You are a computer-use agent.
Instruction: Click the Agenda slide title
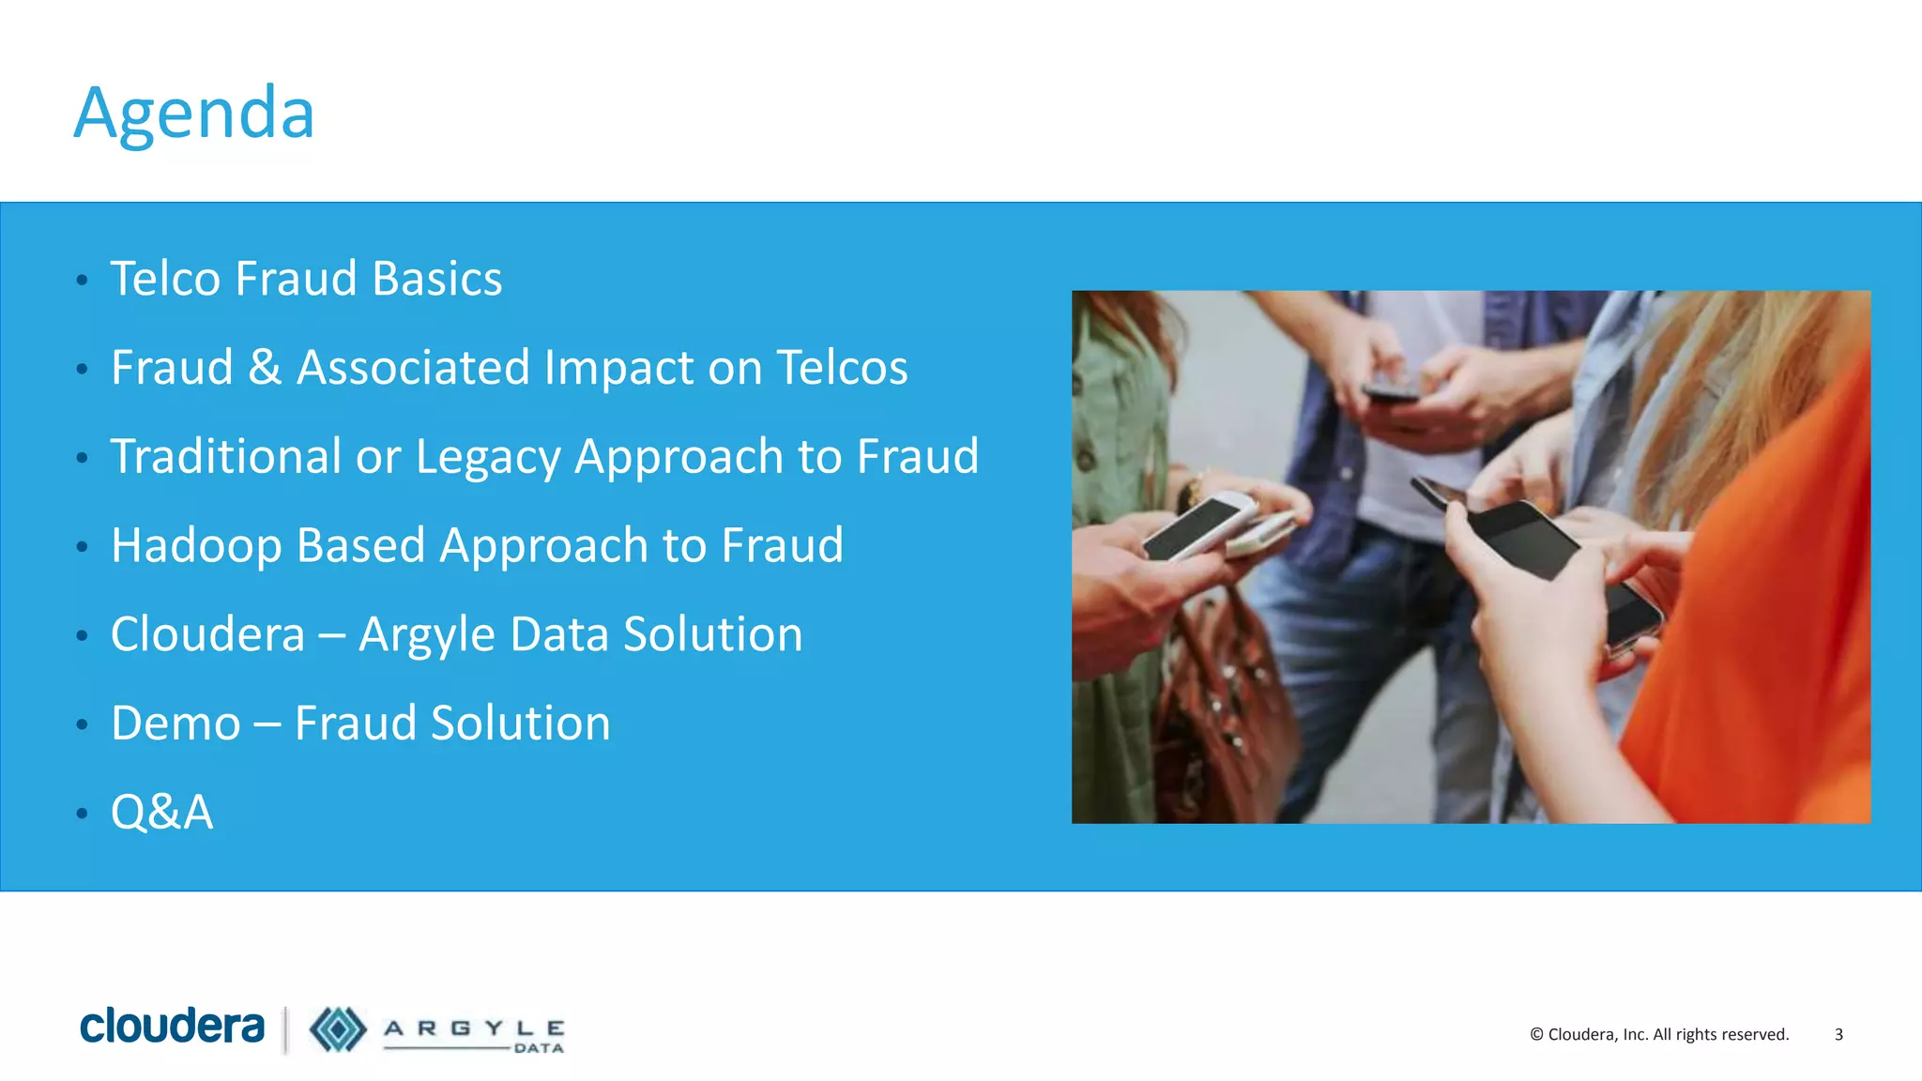(x=194, y=114)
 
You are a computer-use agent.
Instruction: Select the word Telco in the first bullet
(x=167, y=279)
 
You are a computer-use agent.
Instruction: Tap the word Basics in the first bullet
(x=437, y=279)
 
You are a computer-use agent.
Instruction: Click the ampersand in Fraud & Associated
(x=265, y=367)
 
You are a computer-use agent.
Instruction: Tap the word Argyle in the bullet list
(x=427, y=635)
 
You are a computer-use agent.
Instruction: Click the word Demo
(x=175, y=723)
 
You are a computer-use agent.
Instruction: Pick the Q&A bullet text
(x=162, y=812)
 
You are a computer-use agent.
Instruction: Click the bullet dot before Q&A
(x=83, y=813)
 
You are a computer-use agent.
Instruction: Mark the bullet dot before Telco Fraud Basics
(x=83, y=280)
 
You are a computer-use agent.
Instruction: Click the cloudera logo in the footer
(x=173, y=1027)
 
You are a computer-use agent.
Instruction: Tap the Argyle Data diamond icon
(x=338, y=1029)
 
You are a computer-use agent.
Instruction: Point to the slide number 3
(x=1838, y=1034)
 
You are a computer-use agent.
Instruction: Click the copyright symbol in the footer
(x=1536, y=1034)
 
